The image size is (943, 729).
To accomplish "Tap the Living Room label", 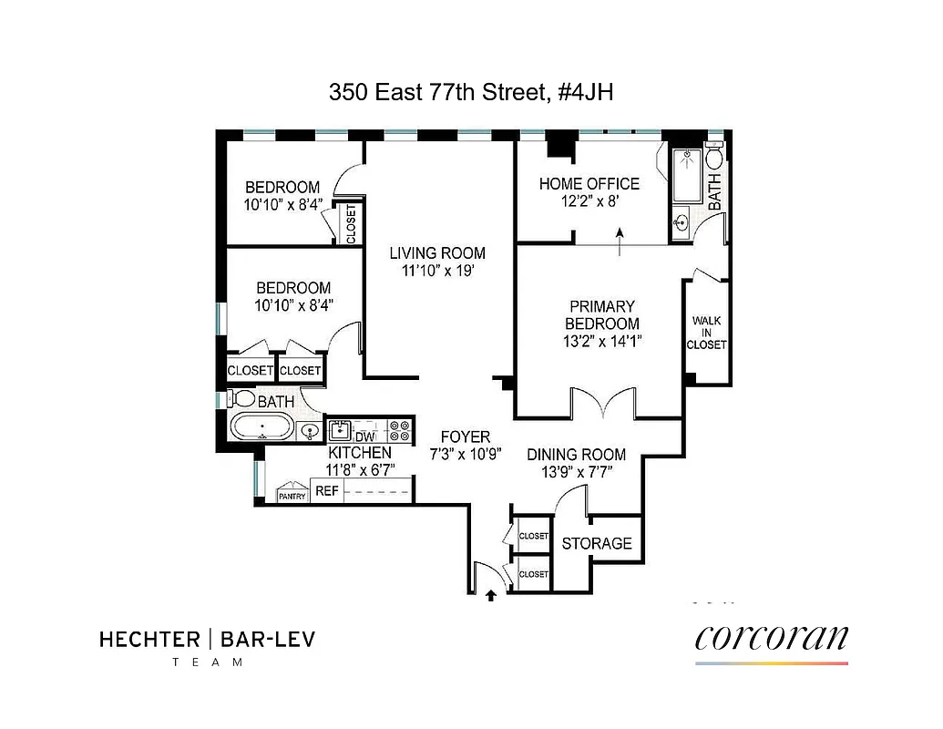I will (437, 253).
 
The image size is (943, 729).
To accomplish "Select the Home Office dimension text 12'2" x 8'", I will (589, 202).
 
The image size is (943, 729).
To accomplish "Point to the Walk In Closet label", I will (708, 333).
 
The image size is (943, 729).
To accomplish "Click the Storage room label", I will (597, 544).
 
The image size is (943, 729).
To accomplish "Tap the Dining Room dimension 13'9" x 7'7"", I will (576, 472).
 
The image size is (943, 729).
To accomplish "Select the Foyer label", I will (465, 437).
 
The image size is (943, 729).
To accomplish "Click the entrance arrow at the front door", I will (491, 596).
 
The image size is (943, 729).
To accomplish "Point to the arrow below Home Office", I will (620, 242).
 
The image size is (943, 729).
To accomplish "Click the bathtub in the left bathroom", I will (261, 426).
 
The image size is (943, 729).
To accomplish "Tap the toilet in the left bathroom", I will (241, 399).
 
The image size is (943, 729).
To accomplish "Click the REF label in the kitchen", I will (326, 491).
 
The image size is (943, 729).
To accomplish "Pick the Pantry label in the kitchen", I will (292, 496).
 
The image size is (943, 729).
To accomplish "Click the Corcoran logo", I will (771, 637).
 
